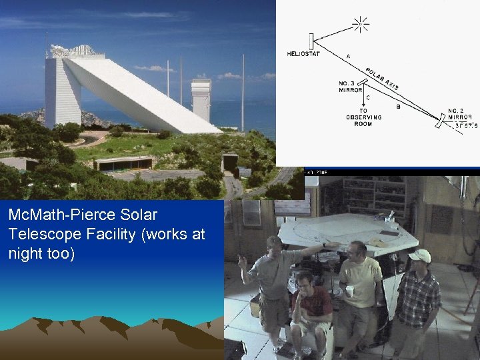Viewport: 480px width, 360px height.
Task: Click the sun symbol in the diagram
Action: pos(361,25)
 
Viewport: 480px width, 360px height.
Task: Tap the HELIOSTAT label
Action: pos(303,53)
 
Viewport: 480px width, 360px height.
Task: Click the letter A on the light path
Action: pos(349,55)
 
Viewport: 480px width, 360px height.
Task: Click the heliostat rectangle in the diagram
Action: pos(311,40)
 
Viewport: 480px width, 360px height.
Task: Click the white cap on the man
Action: pos(419,255)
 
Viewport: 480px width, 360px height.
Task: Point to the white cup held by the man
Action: pos(350,291)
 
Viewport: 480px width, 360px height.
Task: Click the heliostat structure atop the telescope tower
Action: pos(73,51)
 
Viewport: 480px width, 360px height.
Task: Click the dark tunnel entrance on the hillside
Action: pos(229,163)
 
